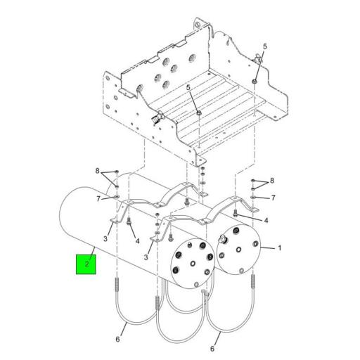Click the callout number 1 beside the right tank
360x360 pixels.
(279, 248)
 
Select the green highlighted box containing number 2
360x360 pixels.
(86, 264)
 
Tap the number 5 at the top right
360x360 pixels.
(265, 46)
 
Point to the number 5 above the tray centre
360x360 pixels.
(188, 88)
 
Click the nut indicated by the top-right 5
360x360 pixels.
(255, 82)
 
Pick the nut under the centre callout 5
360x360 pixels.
(199, 113)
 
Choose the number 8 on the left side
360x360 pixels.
(98, 171)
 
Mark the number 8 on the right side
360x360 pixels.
(272, 181)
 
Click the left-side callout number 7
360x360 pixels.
(98, 199)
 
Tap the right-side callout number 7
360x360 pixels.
(273, 198)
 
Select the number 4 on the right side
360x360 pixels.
(266, 221)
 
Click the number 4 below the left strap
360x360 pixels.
(137, 240)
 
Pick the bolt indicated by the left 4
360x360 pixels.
(129, 221)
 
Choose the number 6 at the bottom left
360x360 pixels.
(117, 339)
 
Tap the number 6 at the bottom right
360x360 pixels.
(212, 349)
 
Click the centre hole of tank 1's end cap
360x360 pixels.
(238, 250)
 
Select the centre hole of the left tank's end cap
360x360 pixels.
(192, 264)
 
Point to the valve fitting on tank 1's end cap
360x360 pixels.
(221, 240)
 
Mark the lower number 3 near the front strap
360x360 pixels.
(146, 257)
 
